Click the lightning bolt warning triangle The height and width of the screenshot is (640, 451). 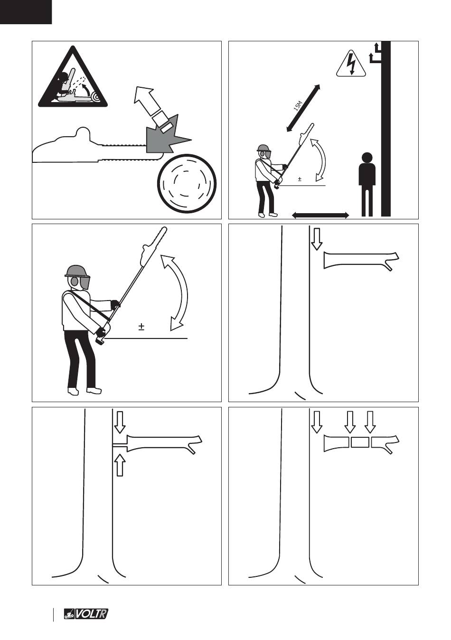351,64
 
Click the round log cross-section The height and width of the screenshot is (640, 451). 187,184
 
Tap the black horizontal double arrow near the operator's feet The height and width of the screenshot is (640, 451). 320,215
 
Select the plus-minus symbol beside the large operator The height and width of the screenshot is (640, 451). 141,327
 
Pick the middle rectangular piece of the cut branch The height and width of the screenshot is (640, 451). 359,442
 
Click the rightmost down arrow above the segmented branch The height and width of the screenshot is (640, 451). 370,422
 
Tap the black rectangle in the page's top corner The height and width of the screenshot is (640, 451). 26,12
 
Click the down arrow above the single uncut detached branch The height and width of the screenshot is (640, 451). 317,239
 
